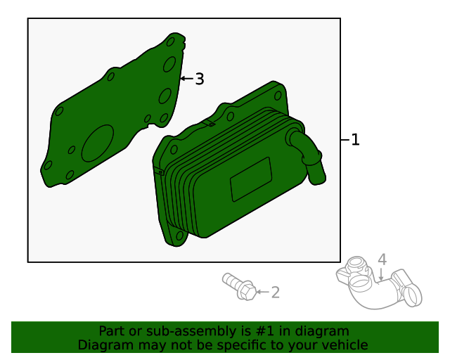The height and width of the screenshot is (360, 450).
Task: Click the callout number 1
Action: coord(355,139)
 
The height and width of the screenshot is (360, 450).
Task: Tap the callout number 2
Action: coord(275,292)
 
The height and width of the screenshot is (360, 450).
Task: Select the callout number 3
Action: coord(200,79)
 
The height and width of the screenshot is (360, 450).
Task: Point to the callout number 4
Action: coord(382,259)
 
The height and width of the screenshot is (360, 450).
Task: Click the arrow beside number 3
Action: coord(187,78)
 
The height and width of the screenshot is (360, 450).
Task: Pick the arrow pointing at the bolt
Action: coord(262,292)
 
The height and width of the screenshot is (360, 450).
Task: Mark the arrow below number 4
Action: coord(381,274)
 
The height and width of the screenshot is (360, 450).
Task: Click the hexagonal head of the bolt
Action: coord(247,290)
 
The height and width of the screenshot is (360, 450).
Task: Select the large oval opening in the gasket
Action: coord(98,143)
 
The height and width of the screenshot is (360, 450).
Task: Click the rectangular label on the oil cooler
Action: coord(251,179)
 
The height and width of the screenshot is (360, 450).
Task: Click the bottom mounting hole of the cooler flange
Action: coord(180,236)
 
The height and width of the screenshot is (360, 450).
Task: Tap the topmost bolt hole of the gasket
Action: coord(170,42)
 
